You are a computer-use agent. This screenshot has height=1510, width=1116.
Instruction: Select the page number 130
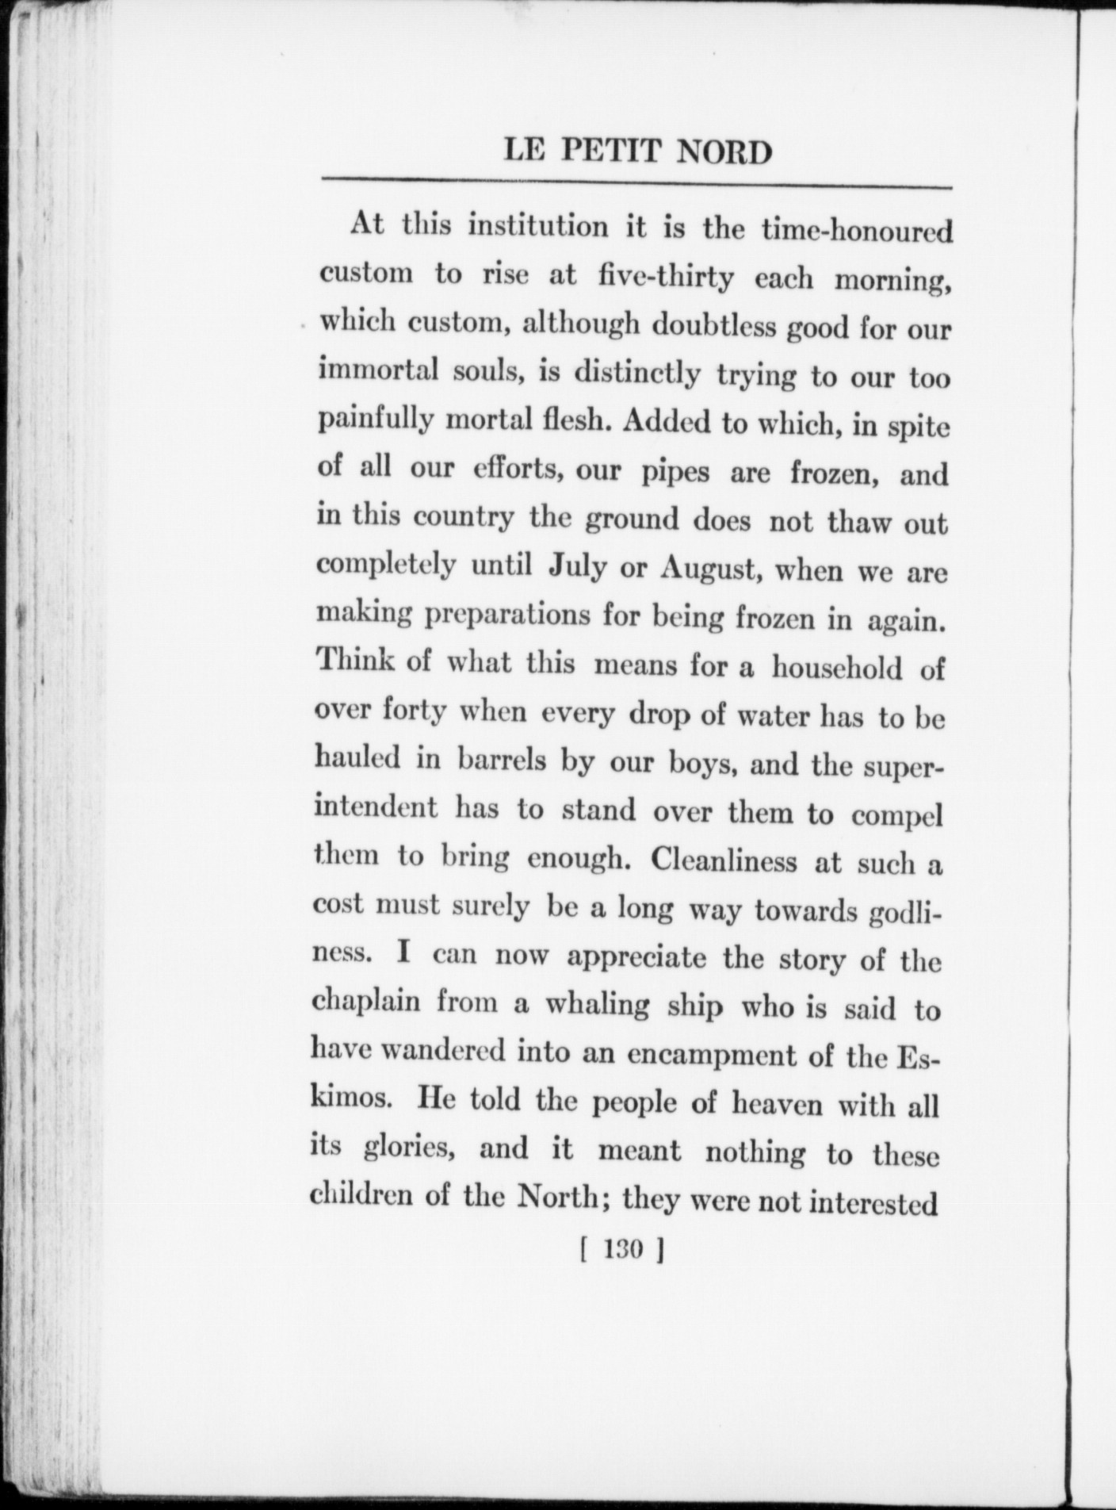(621, 1251)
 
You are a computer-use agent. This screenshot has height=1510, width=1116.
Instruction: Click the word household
(837, 668)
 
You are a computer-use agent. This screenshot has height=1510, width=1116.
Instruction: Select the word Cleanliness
(722, 861)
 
